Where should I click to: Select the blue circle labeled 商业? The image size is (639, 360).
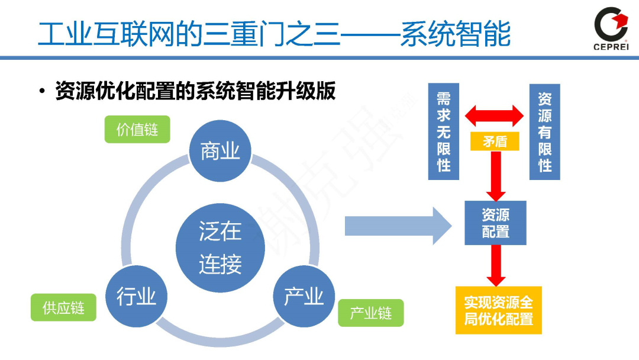point(220,151)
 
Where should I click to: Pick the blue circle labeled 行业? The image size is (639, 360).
point(136,296)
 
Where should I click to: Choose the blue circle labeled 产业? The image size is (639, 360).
point(304,296)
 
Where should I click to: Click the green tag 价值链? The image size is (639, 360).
point(137,129)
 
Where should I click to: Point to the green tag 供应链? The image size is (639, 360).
point(63,308)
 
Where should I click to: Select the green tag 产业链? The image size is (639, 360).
point(371,313)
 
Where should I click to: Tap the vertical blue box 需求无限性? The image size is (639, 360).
point(444,131)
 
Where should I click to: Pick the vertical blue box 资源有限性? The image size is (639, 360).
point(544,131)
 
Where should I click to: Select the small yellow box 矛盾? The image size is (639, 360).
point(495,141)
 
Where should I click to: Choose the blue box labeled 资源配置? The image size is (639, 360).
point(495,223)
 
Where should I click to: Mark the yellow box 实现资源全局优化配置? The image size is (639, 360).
point(498,310)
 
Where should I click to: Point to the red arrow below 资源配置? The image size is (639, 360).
point(495,265)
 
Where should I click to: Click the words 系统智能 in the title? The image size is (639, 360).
point(455,34)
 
